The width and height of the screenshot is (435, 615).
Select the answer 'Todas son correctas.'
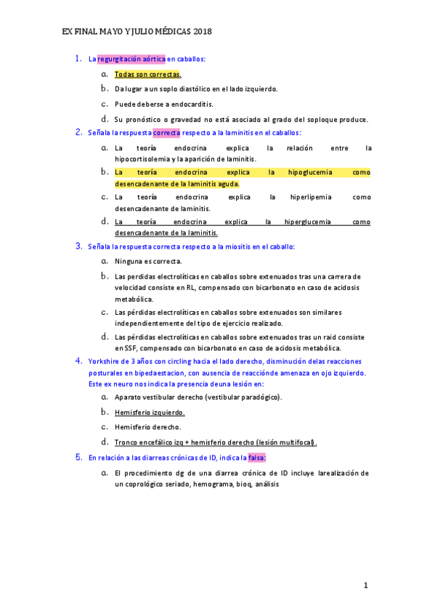click(x=148, y=74)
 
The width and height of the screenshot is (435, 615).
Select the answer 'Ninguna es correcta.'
click(x=148, y=261)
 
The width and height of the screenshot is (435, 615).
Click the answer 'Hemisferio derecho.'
click(x=147, y=427)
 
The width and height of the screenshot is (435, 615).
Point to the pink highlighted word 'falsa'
click(x=256, y=458)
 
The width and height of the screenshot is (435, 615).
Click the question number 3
click(x=78, y=246)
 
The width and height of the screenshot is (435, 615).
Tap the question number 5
click(x=78, y=458)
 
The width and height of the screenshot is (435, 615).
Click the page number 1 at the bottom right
click(x=366, y=585)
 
